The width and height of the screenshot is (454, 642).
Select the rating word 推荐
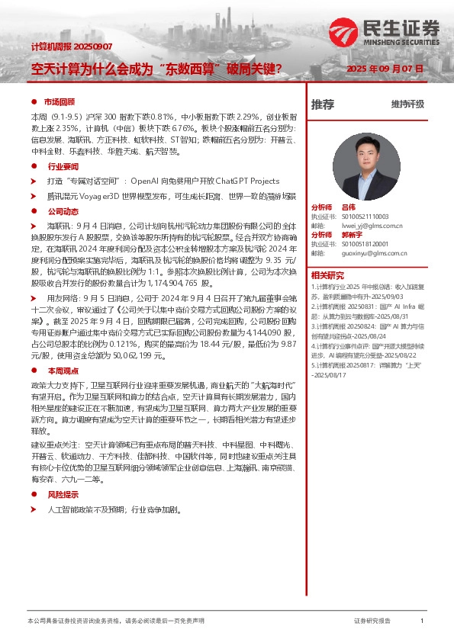point(323,104)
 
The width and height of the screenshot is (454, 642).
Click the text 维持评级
point(407,104)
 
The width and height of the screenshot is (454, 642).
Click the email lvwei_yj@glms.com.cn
point(372,226)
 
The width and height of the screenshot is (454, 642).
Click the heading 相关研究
point(327,275)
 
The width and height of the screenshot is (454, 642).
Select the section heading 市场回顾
point(59,101)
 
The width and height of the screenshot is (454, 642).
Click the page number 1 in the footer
point(422,621)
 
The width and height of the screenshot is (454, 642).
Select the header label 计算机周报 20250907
point(71,47)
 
